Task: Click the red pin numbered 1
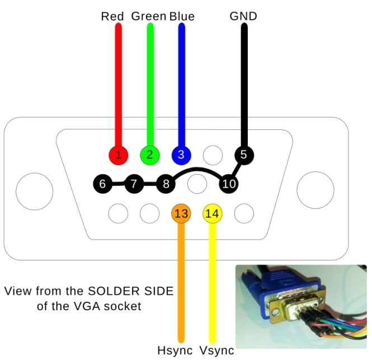tap(118, 154)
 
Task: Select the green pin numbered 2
tap(149, 154)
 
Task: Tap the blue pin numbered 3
tap(181, 154)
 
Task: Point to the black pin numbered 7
tap(134, 183)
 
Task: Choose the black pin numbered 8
tap(166, 183)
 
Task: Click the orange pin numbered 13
tap(181, 213)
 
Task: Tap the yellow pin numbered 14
tap(213, 213)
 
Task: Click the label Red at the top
tap(112, 16)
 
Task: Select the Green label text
tap(149, 16)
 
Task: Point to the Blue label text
tap(182, 16)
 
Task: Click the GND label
tap(243, 16)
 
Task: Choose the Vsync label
tap(216, 351)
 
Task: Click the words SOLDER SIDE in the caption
tap(131, 292)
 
